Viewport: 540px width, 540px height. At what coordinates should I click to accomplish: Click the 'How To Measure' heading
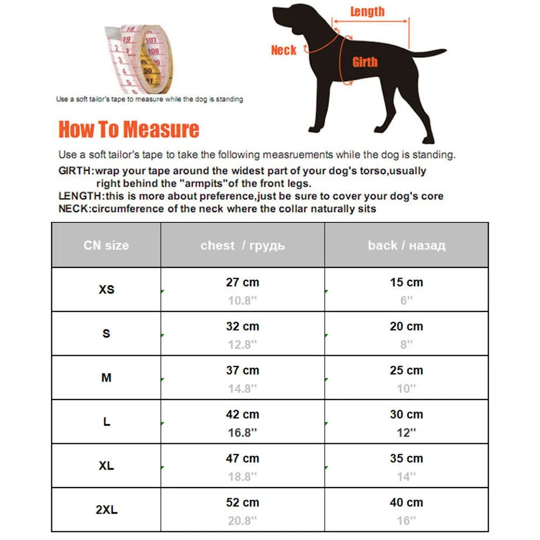tap(129, 130)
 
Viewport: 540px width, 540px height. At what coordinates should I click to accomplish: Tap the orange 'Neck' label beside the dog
tap(283, 50)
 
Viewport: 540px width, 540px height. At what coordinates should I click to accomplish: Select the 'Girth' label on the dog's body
tap(365, 62)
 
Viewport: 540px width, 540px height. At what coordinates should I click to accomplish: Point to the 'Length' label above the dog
tap(367, 12)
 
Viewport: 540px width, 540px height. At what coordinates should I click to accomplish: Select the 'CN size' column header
tap(106, 245)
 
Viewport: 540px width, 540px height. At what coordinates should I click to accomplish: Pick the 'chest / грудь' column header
tap(242, 245)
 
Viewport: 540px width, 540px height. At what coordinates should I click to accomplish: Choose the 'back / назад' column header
tap(407, 245)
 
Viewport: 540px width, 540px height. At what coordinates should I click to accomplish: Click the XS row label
tap(106, 289)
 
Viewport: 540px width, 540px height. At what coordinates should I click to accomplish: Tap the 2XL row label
tap(106, 510)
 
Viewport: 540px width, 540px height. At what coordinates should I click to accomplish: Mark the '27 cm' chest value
tap(242, 282)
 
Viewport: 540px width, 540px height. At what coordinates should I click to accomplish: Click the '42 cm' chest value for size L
tap(242, 414)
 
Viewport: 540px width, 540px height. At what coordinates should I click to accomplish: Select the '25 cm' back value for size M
tap(407, 370)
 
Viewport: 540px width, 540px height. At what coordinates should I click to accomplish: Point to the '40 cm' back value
tap(407, 502)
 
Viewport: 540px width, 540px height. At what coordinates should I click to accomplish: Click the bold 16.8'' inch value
tap(242, 433)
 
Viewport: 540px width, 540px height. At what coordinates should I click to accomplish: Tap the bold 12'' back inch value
tap(407, 433)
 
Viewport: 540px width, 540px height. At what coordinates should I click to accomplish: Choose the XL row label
tap(106, 465)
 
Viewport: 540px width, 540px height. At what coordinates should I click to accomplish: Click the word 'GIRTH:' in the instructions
tap(76, 171)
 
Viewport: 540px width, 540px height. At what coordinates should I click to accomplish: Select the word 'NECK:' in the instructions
tap(74, 208)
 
